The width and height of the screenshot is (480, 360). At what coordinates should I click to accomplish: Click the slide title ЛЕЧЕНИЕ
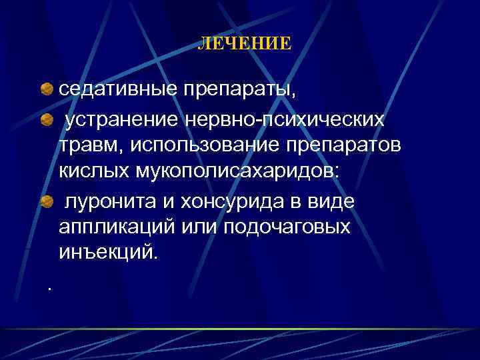pos(245,44)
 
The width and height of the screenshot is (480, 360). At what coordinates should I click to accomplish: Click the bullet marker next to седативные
pos(46,89)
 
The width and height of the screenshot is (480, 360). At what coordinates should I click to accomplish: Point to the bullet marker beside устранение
pos(46,120)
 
